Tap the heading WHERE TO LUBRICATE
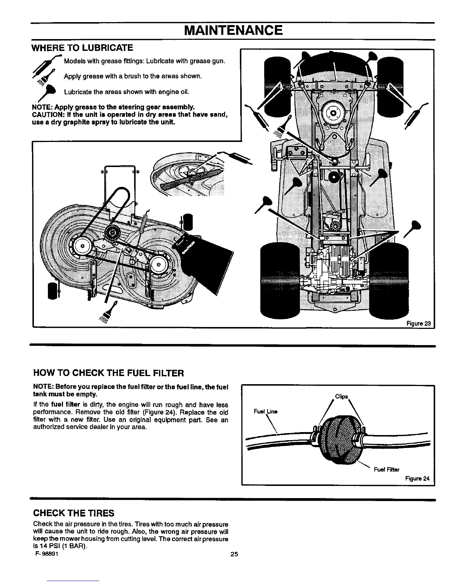[83, 48]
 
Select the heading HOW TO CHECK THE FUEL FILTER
[108, 373]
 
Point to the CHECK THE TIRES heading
[74, 513]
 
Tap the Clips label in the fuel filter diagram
[342, 397]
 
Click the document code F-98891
[46, 554]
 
